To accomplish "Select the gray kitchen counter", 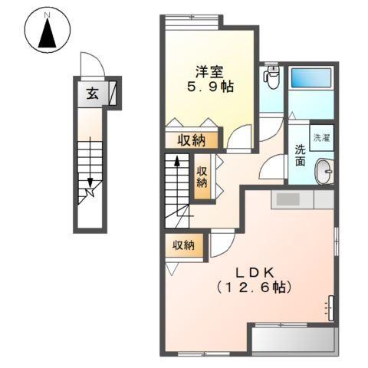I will point(303,199).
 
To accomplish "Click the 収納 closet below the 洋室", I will point(192,140).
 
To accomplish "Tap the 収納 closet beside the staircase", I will point(202,176).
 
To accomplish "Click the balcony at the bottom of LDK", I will point(293,338).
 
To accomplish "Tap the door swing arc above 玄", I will point(90,64).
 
